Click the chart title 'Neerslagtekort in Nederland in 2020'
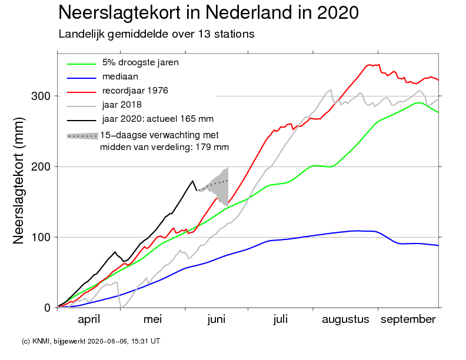tap(209, 12)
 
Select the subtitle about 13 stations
tap(157, 34)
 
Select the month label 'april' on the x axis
tap(89, 319)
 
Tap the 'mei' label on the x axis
tap(152, 319)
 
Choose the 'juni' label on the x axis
tap(217, 319)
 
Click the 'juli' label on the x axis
tap(280, 319)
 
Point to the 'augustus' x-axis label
tap(345, 319)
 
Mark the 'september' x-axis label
tap(408, 319)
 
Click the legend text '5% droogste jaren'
tap(140, 62)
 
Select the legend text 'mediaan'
tap(120, 76)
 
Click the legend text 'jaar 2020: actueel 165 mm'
tap(157, 119)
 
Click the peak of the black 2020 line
tap(192, 181)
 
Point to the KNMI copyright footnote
tap(91, 341)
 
